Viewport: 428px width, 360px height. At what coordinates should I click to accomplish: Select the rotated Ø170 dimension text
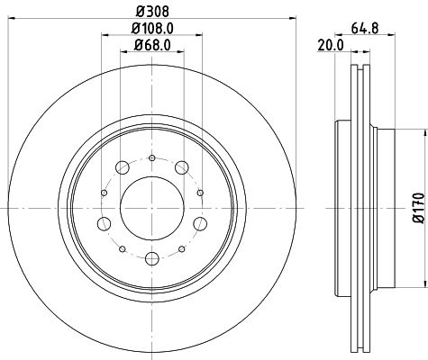click(x=416, y=207)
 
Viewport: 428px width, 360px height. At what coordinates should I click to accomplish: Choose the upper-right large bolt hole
click(x=184, y=166)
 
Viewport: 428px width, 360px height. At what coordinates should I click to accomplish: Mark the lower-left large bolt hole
click(x=105, y=224)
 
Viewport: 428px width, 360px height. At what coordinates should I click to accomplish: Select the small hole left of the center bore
click(x=105, y=192)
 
